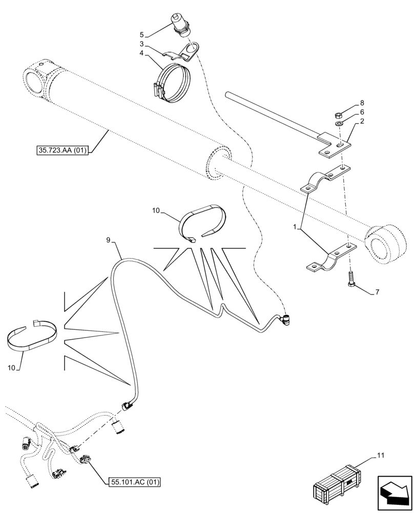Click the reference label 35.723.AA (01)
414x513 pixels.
tap(63, 151)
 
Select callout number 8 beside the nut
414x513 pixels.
tap(362, 103)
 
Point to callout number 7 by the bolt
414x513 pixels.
tap(377, 292)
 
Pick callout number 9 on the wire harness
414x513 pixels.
tap(109, 240)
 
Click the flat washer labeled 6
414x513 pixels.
tap(340, 124)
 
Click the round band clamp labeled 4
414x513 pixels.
tap(172, 82)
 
